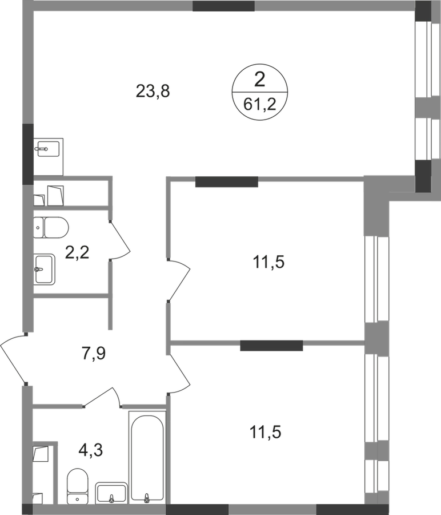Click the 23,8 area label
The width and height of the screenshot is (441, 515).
[153, 91]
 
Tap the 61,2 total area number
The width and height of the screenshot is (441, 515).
[260, 105]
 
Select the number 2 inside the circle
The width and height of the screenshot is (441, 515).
[259, 80]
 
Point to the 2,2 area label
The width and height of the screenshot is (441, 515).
[77, 253]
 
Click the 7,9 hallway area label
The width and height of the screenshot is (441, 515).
[94, 354]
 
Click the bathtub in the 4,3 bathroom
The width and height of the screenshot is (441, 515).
[147, 458]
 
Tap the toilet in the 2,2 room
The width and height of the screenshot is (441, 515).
[51, 227]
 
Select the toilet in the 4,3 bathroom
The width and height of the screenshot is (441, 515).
[77, 486]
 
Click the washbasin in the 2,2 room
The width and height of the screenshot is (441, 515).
[44, 270]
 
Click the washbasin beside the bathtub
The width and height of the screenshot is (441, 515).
[111, 493]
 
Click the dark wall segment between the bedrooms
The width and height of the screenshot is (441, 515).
[271, 346]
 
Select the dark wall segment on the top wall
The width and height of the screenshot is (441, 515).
[223, 6]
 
